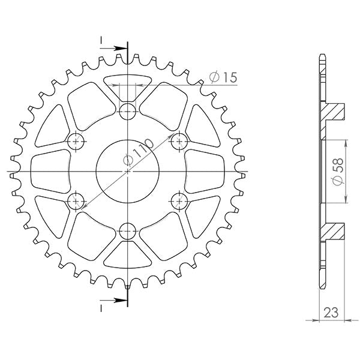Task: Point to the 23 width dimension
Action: point(331,312)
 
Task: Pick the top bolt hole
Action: point(128,110)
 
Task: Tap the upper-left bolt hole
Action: point(76,142)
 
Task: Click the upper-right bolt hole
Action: point(179,142)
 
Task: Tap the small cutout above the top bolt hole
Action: point(128,84)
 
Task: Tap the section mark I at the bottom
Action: point(102,305)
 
